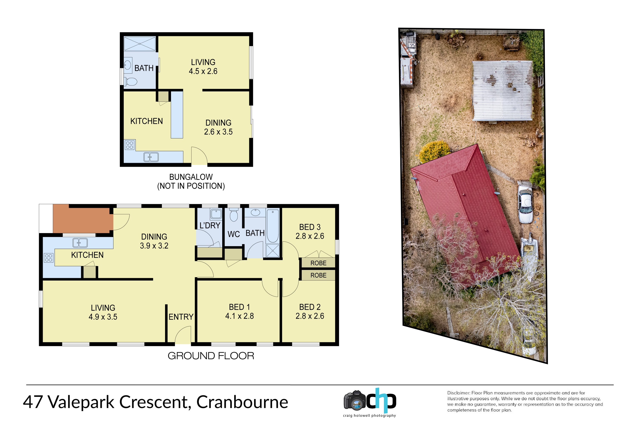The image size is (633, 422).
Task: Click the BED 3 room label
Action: click(x=310, y=227)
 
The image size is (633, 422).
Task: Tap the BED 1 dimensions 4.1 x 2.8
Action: click(x=239, y=316)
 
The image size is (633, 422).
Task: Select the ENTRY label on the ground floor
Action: click(x=181, y=317)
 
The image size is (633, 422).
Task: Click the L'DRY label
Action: click(x=210, y=226)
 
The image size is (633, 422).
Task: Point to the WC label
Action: click(x=234, y=234)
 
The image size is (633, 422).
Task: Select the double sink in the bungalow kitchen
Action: click(x=151, y=157)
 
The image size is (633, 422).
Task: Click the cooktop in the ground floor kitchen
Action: click(x=49, y=258)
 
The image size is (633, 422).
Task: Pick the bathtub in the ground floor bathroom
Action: click(x=273, y=226)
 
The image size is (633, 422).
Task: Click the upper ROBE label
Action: click(x=318, y=263)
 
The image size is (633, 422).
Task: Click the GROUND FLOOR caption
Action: click(x=211, y=356)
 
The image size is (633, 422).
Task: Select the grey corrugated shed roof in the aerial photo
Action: click(x=502, y=91)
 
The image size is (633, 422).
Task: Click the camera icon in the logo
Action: click(x=355, y=401)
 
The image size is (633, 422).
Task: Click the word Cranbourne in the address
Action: click(x=242, y=402)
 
